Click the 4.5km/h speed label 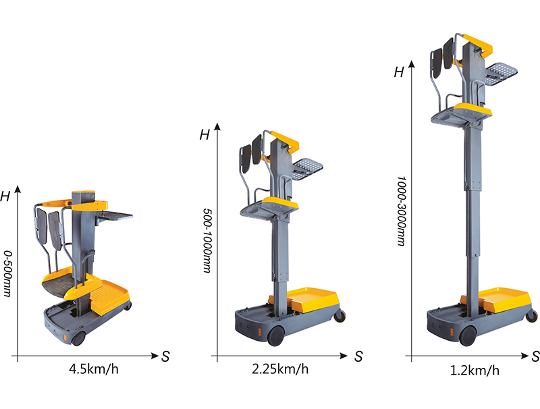point(94,369)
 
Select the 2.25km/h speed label point(280,369)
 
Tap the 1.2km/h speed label point(475,371)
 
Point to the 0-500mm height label point(7,273)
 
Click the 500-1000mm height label point(207,240)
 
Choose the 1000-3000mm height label point(401,211)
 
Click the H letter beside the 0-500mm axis point(5,196)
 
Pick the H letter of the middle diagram point(205,134)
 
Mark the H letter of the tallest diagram point(399,72)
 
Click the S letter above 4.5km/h point(165,356)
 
